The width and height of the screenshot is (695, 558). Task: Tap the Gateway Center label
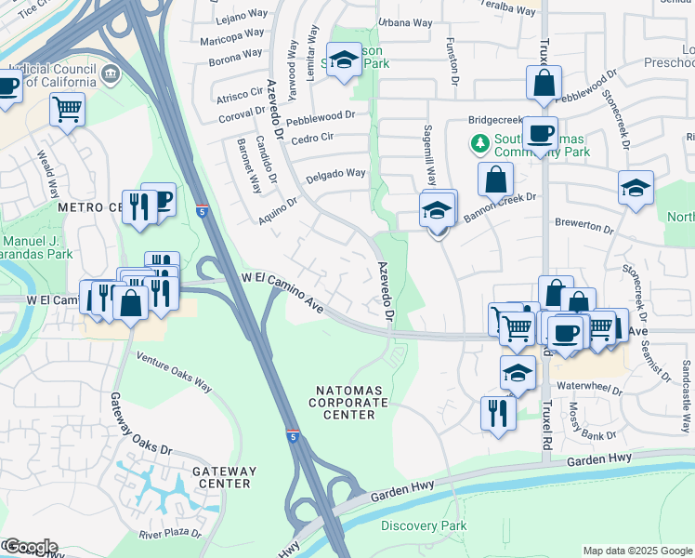[x=224, y=477]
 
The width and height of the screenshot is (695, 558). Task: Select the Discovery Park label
[x=424, y=526]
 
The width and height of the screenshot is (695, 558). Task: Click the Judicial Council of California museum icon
[x=111, y=72]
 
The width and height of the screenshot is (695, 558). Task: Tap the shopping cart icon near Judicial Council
[x=67, y=109]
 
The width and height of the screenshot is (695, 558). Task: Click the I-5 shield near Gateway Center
[x=293, y=435]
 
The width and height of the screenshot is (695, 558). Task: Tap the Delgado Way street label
[x=336, y=173]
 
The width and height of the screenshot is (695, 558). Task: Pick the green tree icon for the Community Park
[x=479, y=144]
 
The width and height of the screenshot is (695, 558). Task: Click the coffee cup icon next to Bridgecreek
[x=539, y=133]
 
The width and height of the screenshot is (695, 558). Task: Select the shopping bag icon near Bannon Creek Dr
[x=496, y=178]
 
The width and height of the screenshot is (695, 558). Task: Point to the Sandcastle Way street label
[x=687, y=395]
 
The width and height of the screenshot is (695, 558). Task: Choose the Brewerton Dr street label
[x=584, y=228]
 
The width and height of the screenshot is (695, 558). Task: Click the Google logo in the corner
[x=30, y=547]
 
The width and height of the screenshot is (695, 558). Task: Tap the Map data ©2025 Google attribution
[x=636, y=551]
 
